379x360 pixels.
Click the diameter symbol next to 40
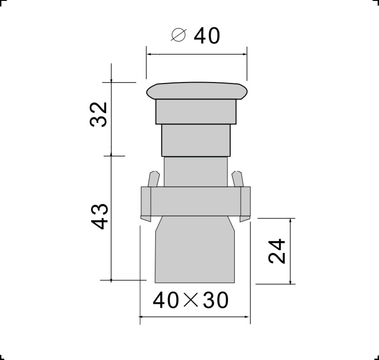tap(179, 35)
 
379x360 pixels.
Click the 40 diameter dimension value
tap(207, 36)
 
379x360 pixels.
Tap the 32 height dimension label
tap(98, 114)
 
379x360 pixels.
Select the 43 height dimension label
tap(99, 217)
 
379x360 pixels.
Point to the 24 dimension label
tap(277, 251)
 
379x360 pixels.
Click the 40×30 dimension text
tap(191, 300)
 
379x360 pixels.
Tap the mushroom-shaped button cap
tap(197, 91)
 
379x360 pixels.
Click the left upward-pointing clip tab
tap(154, 179)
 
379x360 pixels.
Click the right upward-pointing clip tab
tap(237, 179)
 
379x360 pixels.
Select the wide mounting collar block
tap(196, 201)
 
